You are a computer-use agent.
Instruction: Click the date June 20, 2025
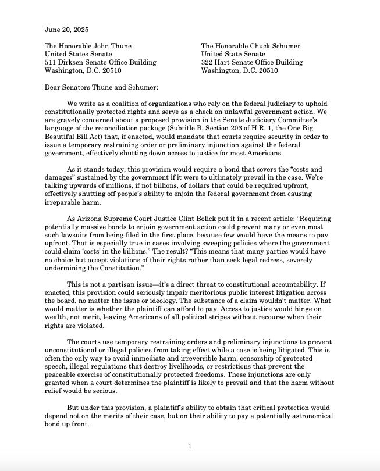point(68,29)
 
